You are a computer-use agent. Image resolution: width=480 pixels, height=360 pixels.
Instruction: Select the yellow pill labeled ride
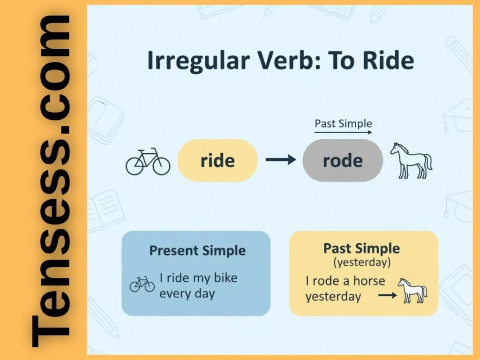217,161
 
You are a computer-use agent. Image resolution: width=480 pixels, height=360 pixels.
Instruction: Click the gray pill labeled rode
343,161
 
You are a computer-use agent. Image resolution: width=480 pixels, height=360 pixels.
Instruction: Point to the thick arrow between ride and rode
280,160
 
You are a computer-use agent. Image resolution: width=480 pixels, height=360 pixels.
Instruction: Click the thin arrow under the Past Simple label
343,133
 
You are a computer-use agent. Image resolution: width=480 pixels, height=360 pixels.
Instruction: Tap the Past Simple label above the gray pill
343,124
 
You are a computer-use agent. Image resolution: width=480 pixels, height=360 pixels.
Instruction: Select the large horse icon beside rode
411,160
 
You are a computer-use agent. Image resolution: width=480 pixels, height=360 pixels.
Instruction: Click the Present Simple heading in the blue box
197,251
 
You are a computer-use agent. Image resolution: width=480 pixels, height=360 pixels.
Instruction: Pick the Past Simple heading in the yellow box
362,248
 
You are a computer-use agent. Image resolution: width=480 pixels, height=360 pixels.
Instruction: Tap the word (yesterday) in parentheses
362,262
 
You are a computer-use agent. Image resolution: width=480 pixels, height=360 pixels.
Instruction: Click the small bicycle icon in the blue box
142,284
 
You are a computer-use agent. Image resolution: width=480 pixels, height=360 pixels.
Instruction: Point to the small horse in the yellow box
412,290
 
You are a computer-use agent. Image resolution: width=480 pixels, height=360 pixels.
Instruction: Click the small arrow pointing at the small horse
387,296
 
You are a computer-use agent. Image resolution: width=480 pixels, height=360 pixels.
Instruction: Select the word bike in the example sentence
225,278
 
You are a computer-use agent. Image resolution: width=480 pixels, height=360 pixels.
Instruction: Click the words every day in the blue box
187,294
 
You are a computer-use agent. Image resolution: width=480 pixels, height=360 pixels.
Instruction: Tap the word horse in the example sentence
369,281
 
